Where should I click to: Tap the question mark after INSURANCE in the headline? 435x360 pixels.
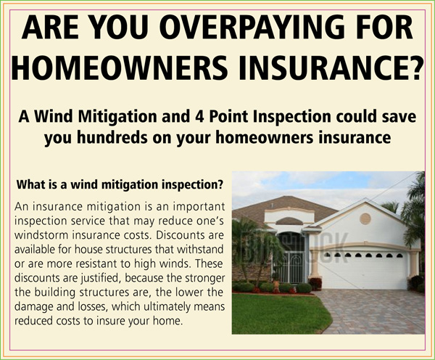point(415,67)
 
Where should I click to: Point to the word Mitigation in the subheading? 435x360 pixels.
point(117,117)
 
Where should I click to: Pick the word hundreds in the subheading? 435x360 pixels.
point(112,137)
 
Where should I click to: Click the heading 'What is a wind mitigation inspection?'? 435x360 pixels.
point(120,185)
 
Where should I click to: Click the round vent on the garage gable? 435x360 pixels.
point(365,218)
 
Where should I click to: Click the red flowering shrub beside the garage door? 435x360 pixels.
point(315,284)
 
